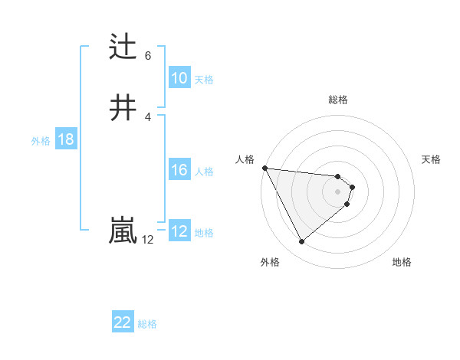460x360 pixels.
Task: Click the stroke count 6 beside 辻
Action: point(148,56)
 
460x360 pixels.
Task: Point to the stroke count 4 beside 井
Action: point(148,116)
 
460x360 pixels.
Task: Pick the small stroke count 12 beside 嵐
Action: point(148,240)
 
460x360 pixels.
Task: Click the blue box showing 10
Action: point(179,78)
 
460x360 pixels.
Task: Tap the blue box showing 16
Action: point(179,170)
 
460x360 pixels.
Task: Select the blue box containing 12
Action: point(179,231)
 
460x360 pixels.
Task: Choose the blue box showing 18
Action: point(65,139)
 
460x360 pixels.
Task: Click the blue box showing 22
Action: point(123,322)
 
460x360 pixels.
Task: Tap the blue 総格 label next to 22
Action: point(147,324)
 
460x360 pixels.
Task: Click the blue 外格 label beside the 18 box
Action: point(41,141)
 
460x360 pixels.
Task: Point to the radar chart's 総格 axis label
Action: point(338,100)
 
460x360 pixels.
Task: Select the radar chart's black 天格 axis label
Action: point(432,159)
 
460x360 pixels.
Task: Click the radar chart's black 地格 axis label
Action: point(402,262)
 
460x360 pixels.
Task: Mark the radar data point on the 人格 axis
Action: point(264,168)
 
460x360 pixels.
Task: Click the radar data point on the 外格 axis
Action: point(301,242)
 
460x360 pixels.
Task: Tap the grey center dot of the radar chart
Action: point(338,191)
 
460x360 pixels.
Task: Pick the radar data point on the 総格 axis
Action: point(338,175)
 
